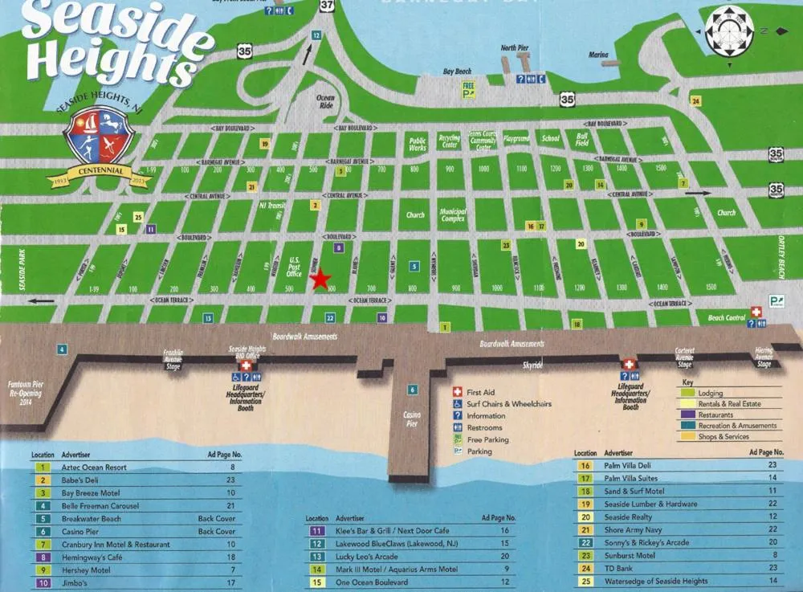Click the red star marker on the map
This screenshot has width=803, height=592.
click(x=320, y=280)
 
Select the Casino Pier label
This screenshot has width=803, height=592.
click(x=411, y=418)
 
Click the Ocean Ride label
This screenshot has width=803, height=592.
click(x=325, y=101)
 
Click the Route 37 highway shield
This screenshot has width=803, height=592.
click(x=324, y=7)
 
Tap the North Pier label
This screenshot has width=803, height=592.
click(x=515, y=48)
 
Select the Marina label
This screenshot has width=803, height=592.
click(x=598, y=55)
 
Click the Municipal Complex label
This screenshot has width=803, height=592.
click(x=453, y=214)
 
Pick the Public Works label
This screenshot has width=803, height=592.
click(x=417, y=144)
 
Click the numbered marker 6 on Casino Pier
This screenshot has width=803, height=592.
click(x=413, y=390)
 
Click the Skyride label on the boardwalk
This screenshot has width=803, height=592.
click(x=532, y=365)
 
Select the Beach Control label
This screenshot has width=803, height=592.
click(x=726, y=318)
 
